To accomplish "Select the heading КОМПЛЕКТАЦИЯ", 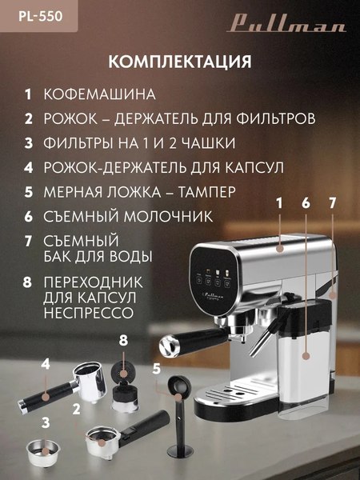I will point(179,62).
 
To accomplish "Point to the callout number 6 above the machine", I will point(305,204).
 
